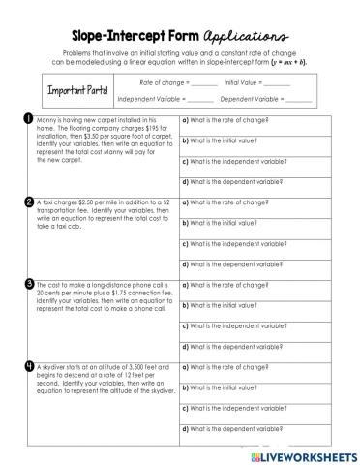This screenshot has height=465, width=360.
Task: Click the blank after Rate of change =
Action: [x=204, y=83]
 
